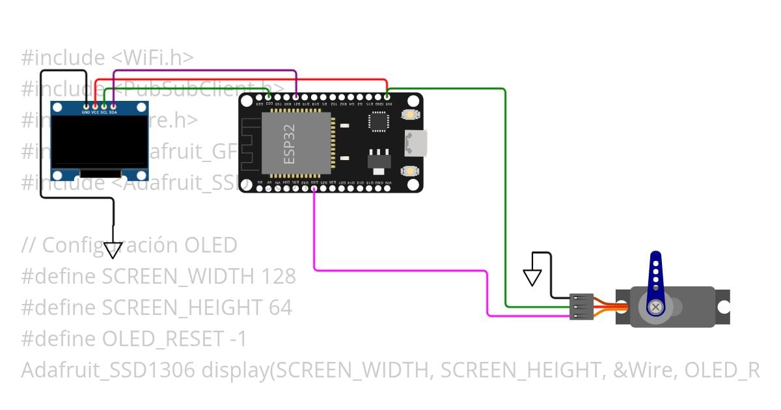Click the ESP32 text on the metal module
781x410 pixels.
pyautogui.click(x=290, y=144)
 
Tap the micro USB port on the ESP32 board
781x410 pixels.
pyautogui.click(x=417, y=143)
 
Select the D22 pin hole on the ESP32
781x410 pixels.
pyautogui.click(x=269, y=96)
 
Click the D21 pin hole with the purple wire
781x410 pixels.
pyautogui.click(x=296, y=96)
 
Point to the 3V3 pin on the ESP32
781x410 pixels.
pyautogui.click(x=387, y=96)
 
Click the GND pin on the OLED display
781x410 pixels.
pyautogui.click(x=86, y=105)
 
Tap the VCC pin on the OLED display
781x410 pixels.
pyautogui.click(x=95, y=105)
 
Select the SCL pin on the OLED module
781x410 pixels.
pyautogui.click(x=104, y=105)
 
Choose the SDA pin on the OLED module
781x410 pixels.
pyautogui.click(x=113, y=105)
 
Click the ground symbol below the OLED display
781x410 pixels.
pyautogui.click(x=113, y=250)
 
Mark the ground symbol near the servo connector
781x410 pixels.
pyautogui.click(x=532, y=277)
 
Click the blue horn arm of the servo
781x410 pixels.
pyautogui.click(x=656, y=273)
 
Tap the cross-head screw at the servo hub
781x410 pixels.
pyautogui.click(x=656, y=307)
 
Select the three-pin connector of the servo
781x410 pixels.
pyautogui.click(x=581, y=307)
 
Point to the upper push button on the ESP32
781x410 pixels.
pyautogui.click(x=410, y=115)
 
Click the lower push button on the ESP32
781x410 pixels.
pyautogui.click(x=410, y=171)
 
